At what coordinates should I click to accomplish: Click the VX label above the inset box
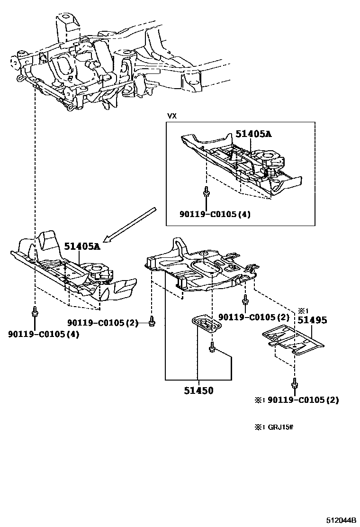(171, 116)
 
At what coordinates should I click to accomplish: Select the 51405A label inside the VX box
(253, 135)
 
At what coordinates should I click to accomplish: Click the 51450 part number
(198, 391)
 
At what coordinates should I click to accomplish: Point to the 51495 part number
(312, 320)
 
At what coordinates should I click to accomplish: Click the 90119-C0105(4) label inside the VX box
(215, 214)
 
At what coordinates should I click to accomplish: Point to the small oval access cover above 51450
(205, 327)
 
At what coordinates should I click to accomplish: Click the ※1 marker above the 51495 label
(304, 311)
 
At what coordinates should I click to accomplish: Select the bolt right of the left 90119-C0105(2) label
(151, 322)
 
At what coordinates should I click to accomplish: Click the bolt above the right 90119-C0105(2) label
(245, 300)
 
